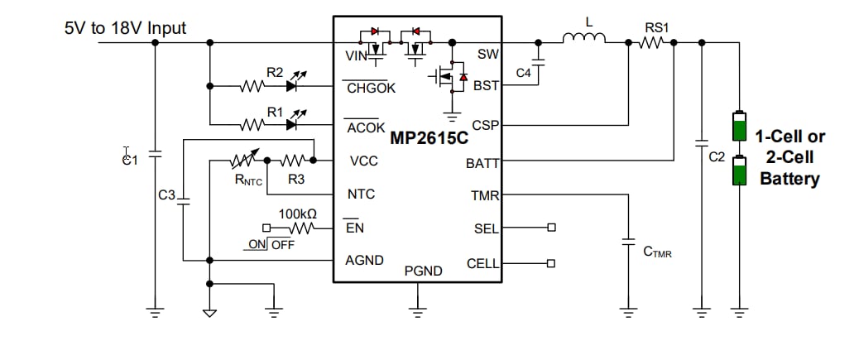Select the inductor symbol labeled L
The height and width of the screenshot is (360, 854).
[x=584, y=37]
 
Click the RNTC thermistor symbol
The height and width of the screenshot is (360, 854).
[x=244, y=159]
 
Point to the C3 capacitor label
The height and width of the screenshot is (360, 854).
[x=166, y=195]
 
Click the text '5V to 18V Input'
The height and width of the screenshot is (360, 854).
[x=125, y=28]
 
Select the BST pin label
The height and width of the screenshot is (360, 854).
[x=486, y=85]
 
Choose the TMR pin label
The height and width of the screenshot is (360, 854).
[x=486, y=196]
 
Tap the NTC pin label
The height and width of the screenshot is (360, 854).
[x=361, y=194]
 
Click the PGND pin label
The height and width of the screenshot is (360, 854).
[x=423, y=271]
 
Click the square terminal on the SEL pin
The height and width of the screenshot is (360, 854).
[x=551, y=228]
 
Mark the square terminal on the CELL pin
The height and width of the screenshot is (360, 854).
[x=551, y=263]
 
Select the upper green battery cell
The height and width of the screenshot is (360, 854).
[x=739, y=126]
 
